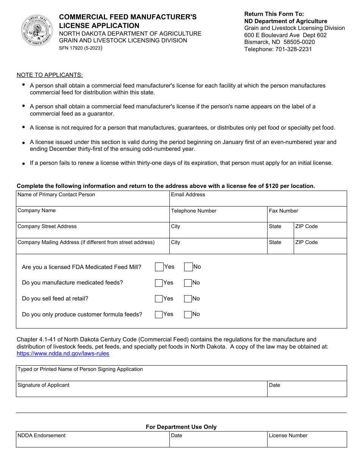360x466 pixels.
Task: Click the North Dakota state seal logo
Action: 37,31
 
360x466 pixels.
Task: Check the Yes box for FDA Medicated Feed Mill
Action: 159,267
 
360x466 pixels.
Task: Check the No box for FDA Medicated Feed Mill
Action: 188,267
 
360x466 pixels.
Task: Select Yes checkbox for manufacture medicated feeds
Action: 159,283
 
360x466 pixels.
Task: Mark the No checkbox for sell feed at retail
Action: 188,299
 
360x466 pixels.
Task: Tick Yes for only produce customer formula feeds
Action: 159,314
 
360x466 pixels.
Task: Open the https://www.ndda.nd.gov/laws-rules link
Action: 63,353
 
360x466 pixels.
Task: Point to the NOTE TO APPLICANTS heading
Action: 50,75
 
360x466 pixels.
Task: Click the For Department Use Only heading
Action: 181,427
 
